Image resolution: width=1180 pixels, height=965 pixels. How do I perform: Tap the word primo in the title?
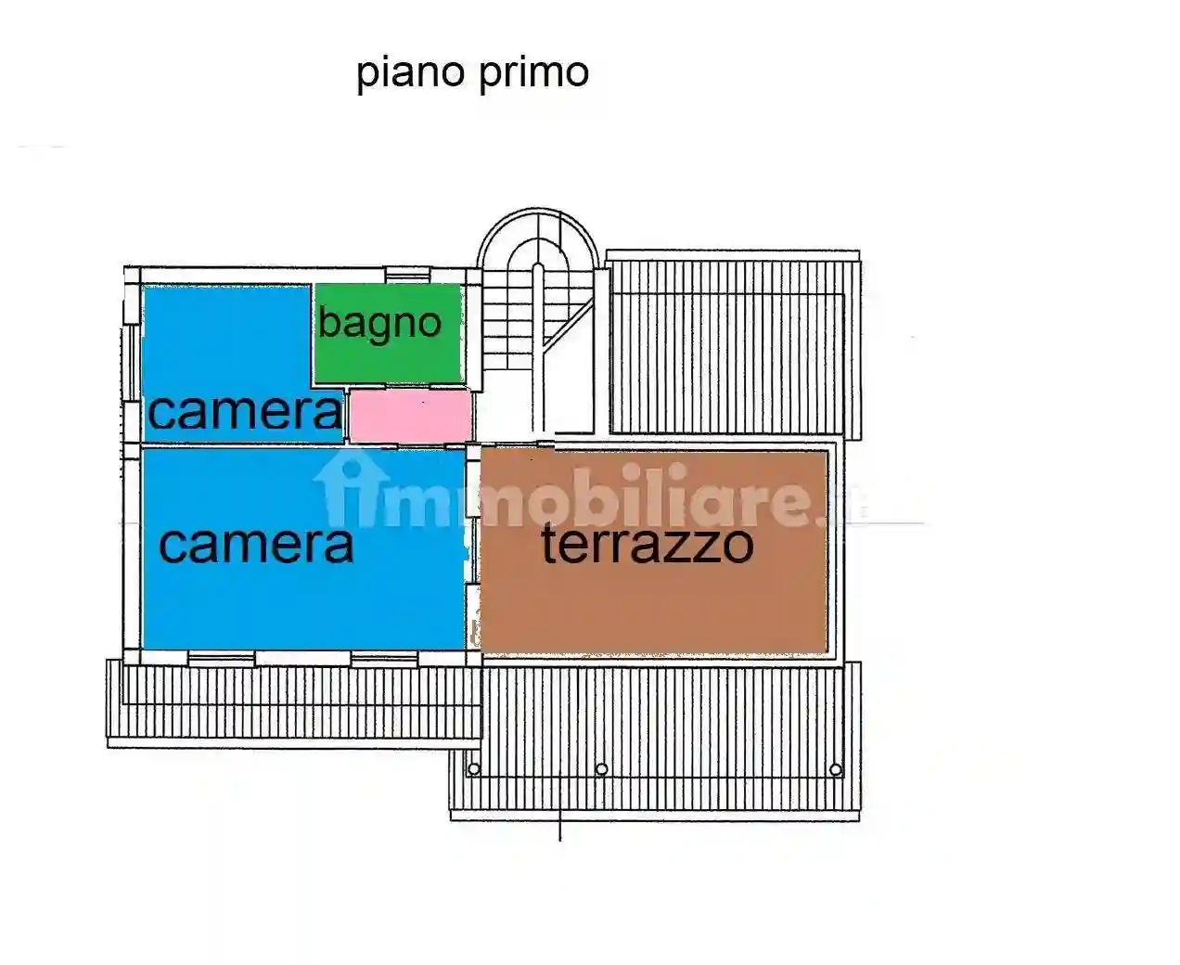(x=532, y=73)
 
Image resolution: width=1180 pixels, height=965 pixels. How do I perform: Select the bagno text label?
(x=379, y=323)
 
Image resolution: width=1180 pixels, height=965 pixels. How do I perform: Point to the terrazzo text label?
(x=647, y=544)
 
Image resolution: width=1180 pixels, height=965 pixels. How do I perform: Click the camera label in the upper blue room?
(x=245, y=411)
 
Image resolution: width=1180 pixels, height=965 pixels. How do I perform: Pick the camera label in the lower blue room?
(x=256, y=545)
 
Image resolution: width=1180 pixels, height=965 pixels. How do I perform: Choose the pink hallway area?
(x=410, y=416)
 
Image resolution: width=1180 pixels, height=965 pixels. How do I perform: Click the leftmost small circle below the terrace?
(x=474, y=769)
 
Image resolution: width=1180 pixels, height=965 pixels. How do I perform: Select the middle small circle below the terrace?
(x=601, y=769)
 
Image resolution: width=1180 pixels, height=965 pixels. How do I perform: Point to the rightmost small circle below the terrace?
(x=836, y=769)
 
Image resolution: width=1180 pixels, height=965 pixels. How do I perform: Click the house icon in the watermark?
(x=350, y=492)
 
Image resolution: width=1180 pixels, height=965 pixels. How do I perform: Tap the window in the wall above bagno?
(x=407, y=274)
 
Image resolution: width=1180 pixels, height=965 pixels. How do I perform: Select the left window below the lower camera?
(x=221, y=658)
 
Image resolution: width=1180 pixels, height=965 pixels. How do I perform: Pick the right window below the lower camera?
(x=384, y=658)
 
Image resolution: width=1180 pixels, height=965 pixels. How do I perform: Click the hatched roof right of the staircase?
(x=733, y=343)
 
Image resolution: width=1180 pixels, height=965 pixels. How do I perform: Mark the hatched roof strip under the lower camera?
(x=293, y=701)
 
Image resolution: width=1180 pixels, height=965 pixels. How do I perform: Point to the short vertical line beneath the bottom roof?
(x=560, y=830)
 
